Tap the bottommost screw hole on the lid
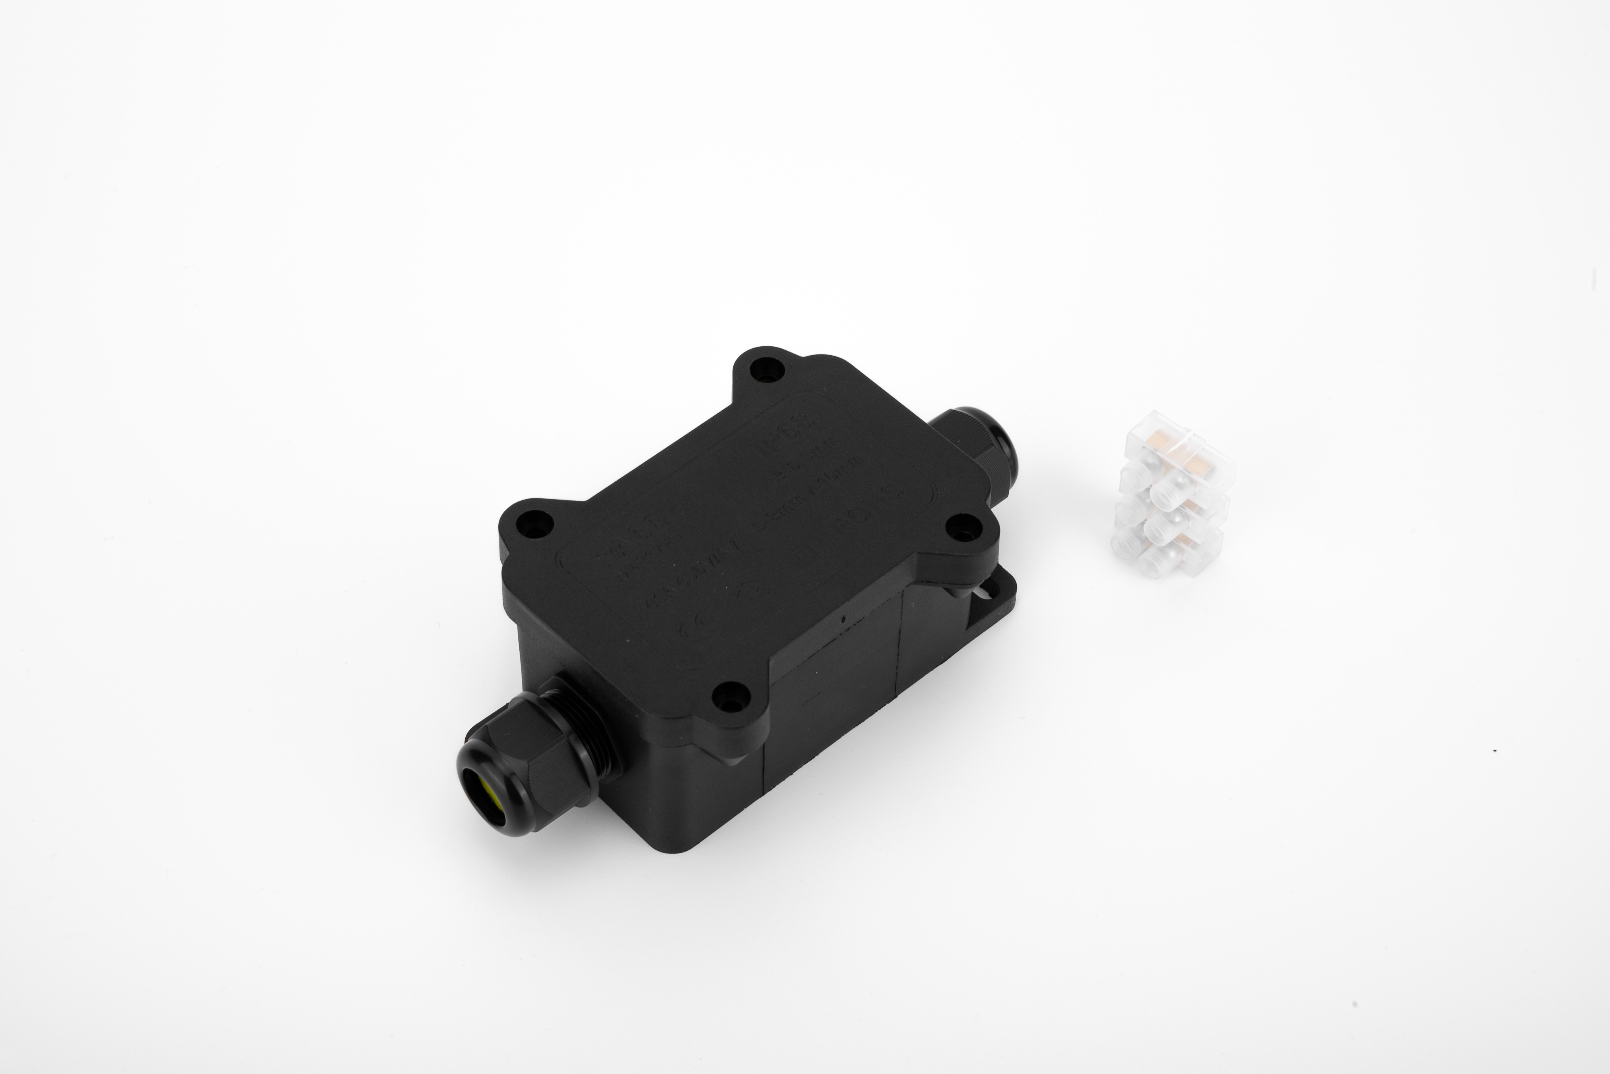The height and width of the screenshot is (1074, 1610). pos(727,699)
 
